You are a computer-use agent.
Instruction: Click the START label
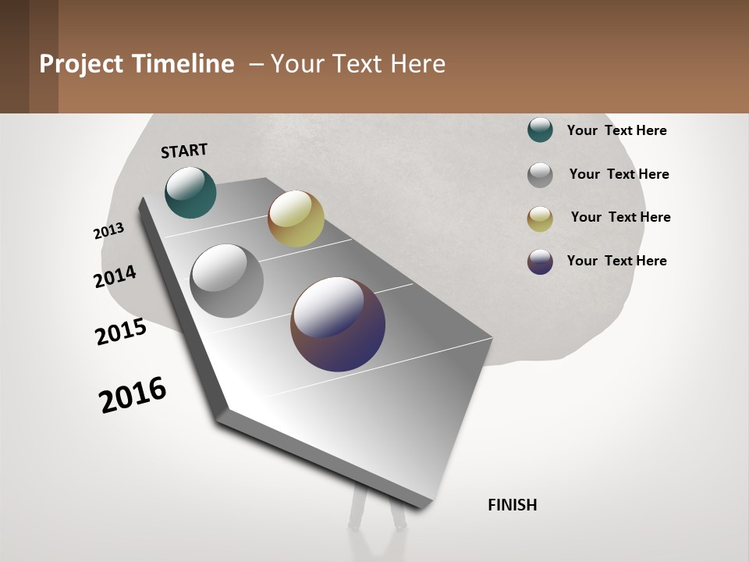coord(184,150)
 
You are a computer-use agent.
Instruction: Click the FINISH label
coord(512,505)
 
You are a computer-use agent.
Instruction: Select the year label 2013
coord(108,231)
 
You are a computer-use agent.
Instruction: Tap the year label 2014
coord(115,276)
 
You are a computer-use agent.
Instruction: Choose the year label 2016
coord(133,394)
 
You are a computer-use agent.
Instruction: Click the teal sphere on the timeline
coord(190,193)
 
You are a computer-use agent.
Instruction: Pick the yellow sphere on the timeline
coord(296,219)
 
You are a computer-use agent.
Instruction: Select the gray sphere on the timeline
coord(226,280)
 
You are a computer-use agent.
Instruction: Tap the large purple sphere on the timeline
coord(338,324)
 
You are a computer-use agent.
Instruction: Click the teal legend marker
coord(540,130)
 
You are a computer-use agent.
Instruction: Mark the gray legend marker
coord(540,175)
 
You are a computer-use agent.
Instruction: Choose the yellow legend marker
coord(540,219)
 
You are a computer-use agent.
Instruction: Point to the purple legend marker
coord(540,261)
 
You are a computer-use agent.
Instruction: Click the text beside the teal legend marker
coord(616,130)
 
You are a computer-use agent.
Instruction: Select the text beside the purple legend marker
coord(616,261)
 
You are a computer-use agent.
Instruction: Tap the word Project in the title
coord(80,64)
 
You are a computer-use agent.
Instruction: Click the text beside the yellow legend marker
coord(620,217)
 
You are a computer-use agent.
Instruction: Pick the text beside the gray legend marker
coord(619,174)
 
